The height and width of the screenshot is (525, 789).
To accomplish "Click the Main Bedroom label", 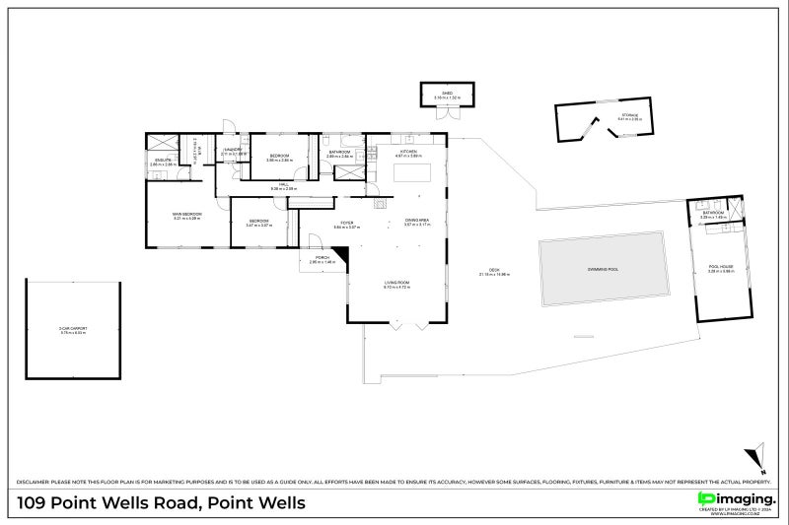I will [x=186, y=215].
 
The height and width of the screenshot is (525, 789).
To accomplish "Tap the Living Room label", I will [x=396, y=283].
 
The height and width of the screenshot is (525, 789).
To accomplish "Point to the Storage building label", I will [x=628, y=117].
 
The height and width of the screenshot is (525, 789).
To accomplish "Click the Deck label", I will [x=494, y=272].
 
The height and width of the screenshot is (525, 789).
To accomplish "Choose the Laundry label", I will [x=233, y=152].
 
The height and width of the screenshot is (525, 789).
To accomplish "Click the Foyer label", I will [x=346, y=224].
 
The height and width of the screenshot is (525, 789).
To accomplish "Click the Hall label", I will [x=282, y=184].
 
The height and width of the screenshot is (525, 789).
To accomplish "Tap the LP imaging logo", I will [x=736, y=500].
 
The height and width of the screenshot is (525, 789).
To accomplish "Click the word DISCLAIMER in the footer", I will [x=35, y=481].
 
